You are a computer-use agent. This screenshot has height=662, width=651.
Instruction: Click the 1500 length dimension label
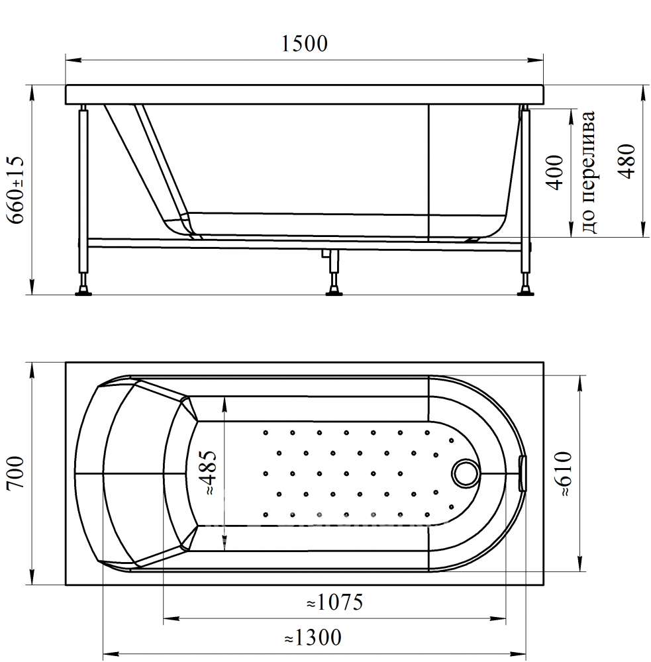coord(304,44)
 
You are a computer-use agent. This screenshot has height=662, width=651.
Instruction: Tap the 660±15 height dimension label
coord(16,189)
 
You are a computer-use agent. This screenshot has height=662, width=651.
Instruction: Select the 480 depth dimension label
coord(626,162)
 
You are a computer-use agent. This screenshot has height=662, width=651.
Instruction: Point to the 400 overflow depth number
coord(555,173)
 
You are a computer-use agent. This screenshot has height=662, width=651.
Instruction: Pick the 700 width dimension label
coord(16,473)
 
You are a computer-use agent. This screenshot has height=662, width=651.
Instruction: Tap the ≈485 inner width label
coord(209,473)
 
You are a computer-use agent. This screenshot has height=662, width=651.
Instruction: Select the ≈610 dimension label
coord(564,474)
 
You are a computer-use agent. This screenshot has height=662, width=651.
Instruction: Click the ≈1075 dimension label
coord(334,602)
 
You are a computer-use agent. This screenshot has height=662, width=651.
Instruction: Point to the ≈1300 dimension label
coord(313,638)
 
